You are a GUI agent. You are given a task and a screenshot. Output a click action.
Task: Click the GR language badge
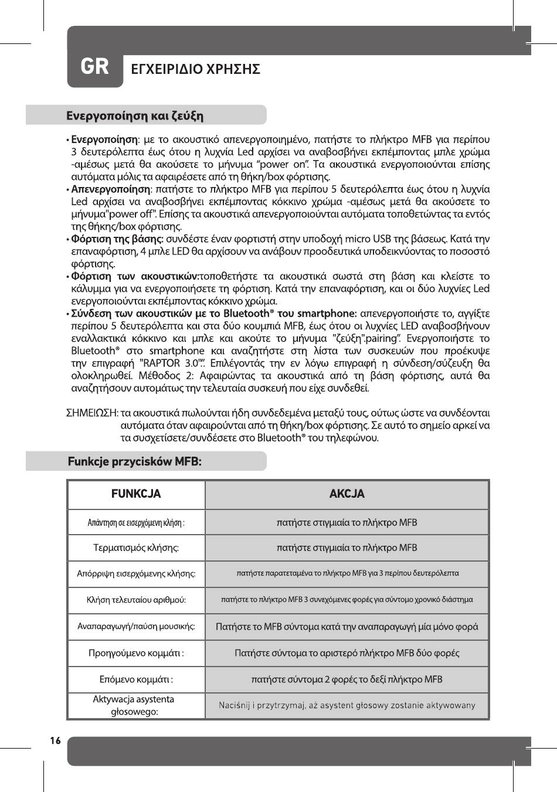(94, 67)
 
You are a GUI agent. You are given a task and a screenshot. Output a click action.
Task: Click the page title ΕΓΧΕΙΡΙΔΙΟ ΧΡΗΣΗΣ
(195, 69)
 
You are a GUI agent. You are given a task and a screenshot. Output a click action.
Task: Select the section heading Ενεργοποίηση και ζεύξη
(135, 115)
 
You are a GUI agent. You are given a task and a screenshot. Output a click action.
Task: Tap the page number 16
(55, 741)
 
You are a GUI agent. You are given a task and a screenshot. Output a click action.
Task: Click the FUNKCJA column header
(136, 494)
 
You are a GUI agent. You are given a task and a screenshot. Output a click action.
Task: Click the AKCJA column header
(347, 494)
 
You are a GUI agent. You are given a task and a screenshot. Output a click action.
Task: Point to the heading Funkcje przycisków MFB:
(135, 461)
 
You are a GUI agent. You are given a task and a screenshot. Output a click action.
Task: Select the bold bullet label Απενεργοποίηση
(110, 189)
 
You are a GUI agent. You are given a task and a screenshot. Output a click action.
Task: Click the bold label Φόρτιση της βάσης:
(117, 239)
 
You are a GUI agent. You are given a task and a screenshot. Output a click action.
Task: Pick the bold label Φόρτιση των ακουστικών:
(135, 276)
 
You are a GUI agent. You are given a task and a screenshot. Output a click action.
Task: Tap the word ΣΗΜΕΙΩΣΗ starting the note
(91, 413)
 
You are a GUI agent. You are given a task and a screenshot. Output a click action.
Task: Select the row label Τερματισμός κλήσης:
(136, 548)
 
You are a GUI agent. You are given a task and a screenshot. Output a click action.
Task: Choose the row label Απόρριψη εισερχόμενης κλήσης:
(136, 573)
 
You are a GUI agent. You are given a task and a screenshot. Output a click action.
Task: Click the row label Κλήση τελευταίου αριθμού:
(136, 600)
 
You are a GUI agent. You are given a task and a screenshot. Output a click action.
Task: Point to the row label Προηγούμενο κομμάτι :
(136, 653)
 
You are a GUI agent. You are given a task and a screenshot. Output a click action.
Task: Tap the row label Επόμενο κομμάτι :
(136, 679)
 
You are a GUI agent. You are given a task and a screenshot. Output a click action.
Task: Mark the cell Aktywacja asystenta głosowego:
(134, 705)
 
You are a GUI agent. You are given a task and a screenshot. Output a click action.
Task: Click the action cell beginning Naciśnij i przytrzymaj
(347, 705)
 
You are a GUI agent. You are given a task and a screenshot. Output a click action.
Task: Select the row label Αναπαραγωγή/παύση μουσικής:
(136, 626)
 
